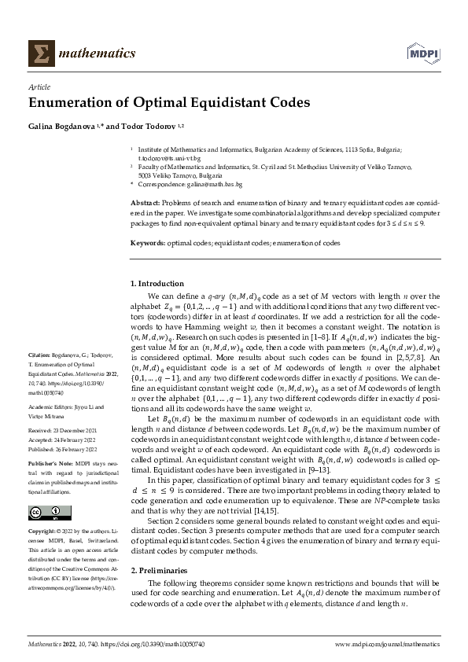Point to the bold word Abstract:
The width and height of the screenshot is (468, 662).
pos(145,203)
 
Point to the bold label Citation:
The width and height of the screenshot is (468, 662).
pos(40,377)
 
